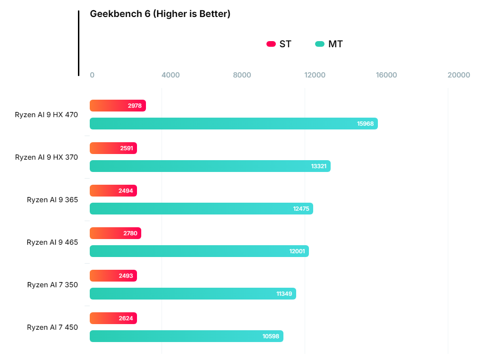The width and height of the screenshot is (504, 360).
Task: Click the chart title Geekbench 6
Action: [160, 14]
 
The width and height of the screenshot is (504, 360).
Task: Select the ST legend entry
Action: [279, 44]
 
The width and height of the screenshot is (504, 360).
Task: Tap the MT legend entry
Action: [329, 44]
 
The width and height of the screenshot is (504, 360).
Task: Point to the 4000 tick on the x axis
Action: [171, 75]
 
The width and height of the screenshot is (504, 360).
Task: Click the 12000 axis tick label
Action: [315, 75]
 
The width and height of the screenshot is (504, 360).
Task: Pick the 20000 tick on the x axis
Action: [459, 75]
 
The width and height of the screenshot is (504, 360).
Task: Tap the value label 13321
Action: [318, 166]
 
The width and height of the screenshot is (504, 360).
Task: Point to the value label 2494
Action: [126, 191]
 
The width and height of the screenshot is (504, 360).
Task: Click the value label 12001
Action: [297, 251]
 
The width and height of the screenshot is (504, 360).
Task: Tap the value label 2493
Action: [126, 276]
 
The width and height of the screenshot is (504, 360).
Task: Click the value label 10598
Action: [271, 336]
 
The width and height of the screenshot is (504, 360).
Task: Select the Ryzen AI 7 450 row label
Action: [52, 327]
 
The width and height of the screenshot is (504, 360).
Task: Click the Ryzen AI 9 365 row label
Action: [52, 200]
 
